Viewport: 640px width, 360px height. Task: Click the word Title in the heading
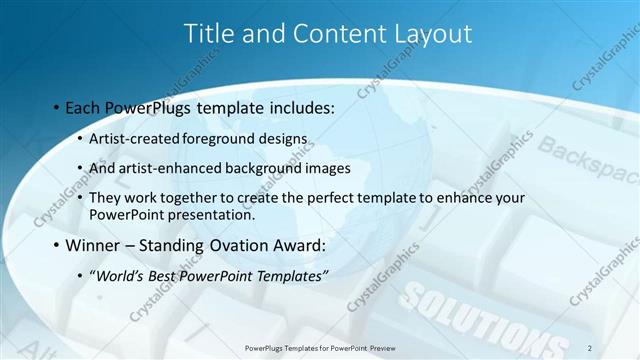[209, 33]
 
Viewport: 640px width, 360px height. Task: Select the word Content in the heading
[331, 33]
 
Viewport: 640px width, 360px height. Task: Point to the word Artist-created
[136, 137]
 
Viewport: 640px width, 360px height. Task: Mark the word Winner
[94, 245]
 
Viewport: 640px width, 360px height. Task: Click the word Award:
[297, 245]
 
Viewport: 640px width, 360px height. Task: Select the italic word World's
[119, 276]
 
